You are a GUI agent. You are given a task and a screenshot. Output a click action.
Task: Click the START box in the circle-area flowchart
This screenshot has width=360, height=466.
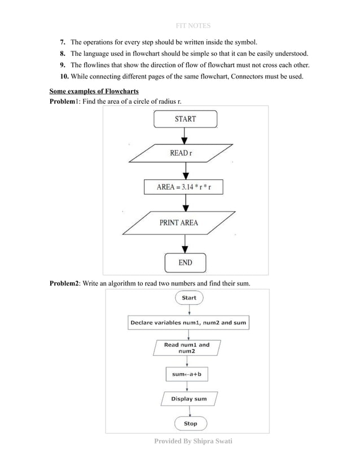pyautogui.click(x=185, y=119)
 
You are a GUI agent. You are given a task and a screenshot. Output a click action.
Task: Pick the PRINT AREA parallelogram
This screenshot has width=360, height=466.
pyautogui.click(x=179, y=223)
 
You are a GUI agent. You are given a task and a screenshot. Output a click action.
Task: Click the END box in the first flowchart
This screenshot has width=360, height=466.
pyautogui.click(x=185, y=262)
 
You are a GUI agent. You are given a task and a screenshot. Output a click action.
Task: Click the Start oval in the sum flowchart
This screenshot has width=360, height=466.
pyautogui.click(x=189, y=298)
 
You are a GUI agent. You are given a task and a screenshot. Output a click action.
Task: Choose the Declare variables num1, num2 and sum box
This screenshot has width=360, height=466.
pyautogui.click(x=188, y=323)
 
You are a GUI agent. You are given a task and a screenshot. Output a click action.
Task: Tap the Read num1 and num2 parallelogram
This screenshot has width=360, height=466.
pyautogui.click(x=187, y=348)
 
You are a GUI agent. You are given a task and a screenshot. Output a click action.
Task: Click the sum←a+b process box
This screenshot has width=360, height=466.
pyautogui.click(x=187, y=375)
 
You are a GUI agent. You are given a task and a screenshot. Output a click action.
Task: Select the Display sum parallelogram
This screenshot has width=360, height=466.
pyautogui.click(x=188, y=399)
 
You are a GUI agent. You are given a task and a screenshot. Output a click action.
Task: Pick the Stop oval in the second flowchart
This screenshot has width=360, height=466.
pyautogui.click(x=190, y=424)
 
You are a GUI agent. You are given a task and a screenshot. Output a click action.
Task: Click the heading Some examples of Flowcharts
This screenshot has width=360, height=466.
pyautogui.click(x=94, y=91)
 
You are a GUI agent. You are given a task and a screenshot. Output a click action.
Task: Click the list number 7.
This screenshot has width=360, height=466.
pyautogui.click(x=63, y=43)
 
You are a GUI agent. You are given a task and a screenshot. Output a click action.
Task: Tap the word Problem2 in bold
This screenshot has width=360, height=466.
pyautogui.click(x=65, y=283)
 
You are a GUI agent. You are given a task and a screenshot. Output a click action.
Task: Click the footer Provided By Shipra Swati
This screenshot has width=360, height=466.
pyautogui.click(x=193, y=441)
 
